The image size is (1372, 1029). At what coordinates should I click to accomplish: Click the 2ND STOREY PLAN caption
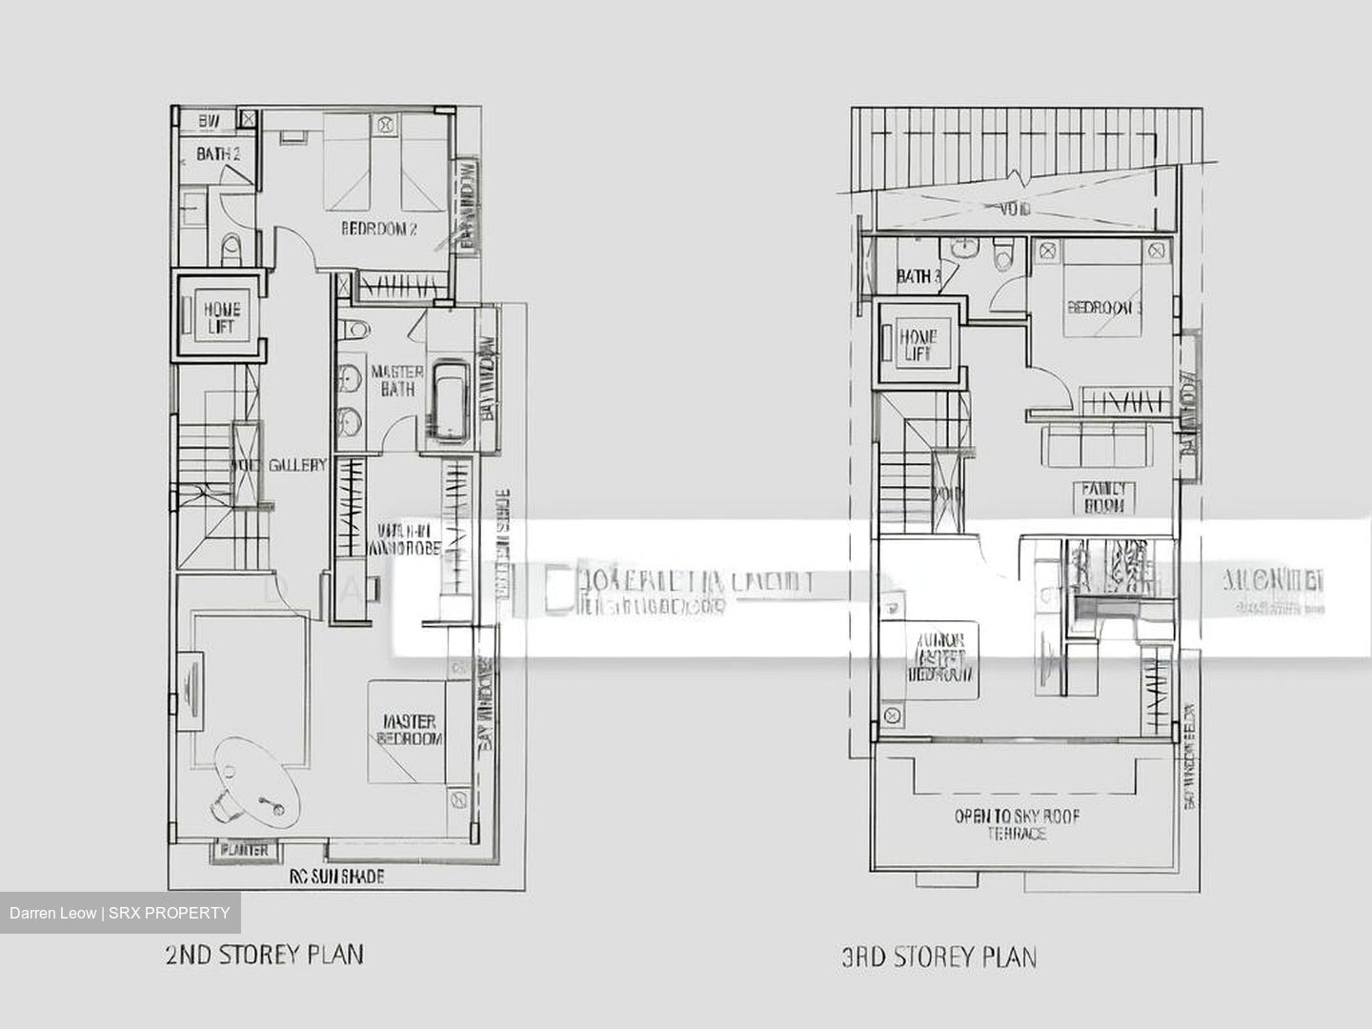[264, 954]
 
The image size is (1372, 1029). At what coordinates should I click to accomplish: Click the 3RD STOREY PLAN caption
[938, 956]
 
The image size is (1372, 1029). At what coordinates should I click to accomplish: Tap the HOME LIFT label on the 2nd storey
[222, 317]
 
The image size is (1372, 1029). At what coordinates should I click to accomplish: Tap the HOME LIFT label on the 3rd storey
[918, 344]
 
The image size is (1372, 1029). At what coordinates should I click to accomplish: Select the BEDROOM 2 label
[379, 229]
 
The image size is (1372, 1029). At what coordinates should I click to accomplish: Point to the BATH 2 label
[218, 153]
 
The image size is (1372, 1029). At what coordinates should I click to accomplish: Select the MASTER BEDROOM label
[410, 730]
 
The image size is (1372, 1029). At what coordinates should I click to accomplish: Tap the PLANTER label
[245, 849]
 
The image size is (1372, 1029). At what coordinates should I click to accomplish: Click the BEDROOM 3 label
[1104, 308]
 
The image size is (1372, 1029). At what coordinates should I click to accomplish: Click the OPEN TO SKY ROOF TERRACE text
[1017, 825]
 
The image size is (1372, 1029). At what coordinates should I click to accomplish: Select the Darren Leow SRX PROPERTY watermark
[120, 913]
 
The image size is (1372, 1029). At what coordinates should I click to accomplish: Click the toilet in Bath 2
[231, 252]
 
